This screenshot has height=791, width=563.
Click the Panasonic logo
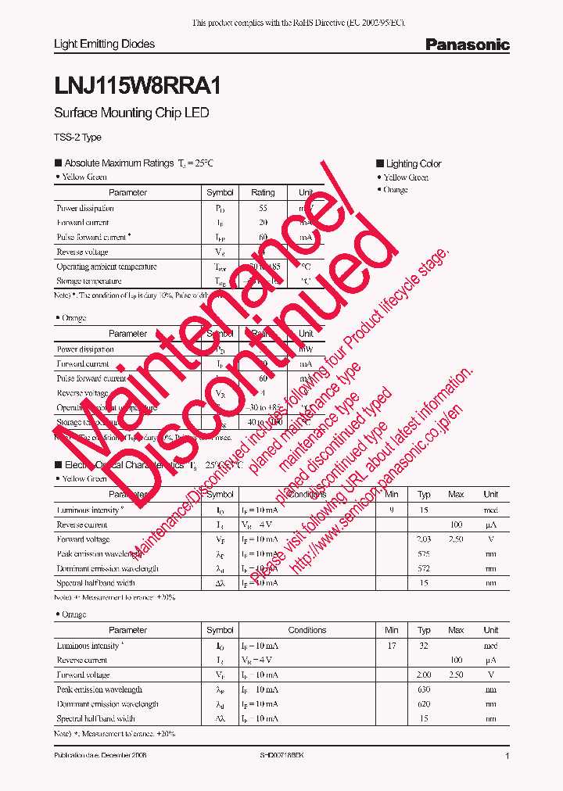[x=467, y=45]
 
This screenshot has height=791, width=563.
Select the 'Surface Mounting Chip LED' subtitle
[x=131, y=113]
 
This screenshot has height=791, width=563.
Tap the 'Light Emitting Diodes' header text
[x=104, y=44]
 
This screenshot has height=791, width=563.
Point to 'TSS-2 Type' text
[x=77, y=138]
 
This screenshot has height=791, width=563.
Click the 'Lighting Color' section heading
[x=413, y=163]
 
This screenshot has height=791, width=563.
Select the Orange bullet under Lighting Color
[x=395, y=190]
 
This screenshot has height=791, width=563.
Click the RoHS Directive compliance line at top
[x=299, y=23]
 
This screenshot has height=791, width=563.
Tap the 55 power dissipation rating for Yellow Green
[x=263, y=209]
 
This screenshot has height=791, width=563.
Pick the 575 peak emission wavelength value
[x=424, y=553]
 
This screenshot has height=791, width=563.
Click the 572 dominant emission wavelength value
[x=424, y=568]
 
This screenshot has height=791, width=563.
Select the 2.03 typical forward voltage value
[x=424, y=539]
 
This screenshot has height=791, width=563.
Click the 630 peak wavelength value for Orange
[x=424, y=689]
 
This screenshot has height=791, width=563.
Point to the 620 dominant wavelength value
[x=424, y=703]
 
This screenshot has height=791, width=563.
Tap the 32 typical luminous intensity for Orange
[x=424, y=646]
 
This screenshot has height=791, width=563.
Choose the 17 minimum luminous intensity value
[x=392, y=646]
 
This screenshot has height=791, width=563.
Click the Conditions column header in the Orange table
[x=307, y=630]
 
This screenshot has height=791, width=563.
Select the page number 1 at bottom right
[x=507, y=756]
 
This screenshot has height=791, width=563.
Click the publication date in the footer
[x=100, y=756]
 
